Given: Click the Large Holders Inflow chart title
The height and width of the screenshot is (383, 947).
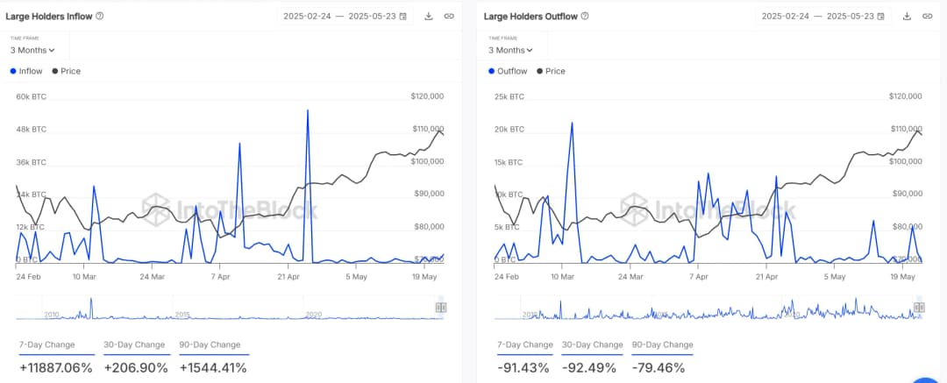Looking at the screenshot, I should click(x=49, y=16).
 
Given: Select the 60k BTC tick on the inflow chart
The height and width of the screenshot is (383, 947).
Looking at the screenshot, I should click(x=31, y=96).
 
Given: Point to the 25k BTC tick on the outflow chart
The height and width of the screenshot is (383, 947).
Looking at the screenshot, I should click(x=509, y=96).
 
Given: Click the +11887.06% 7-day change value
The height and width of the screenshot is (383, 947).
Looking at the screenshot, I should click(x=54, y=367).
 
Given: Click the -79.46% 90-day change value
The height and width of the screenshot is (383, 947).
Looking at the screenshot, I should click(x=658, y=367).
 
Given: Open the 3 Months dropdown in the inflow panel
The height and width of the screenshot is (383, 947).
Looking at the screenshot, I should click(x=32, y=50).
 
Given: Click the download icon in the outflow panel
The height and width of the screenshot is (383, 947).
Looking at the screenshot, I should click(x=907, y=16).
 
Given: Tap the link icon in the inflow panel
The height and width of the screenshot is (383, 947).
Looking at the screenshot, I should click(x=449, y=16).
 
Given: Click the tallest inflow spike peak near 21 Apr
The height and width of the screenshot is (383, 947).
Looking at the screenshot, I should click(x=308, y=110).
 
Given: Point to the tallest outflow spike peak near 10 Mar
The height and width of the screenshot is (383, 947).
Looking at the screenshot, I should click(x=572, y=123).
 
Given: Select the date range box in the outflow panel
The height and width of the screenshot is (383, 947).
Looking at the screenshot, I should click(x=823, y=16).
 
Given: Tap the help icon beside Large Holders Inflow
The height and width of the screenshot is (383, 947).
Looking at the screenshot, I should click(x=100, y=16).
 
